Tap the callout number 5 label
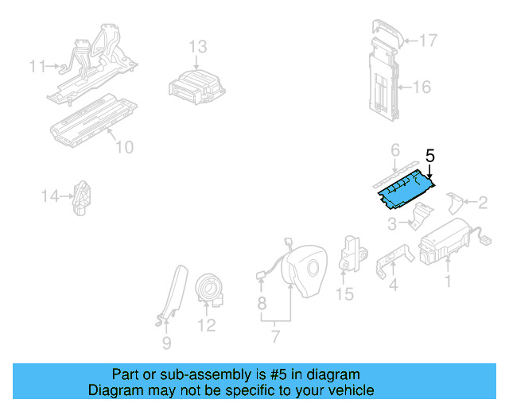click(430, 157)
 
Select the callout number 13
click(197, 47)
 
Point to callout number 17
click(429, 40)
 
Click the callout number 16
click(422, 87)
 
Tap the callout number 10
click(124, 147)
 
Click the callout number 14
click(51, 195)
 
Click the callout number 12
click(207, 325)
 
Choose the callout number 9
click(166, 343)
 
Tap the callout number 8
click(261, 303)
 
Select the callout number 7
click(275, 337)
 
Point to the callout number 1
click(447, 281)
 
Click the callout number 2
click(482, 203)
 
